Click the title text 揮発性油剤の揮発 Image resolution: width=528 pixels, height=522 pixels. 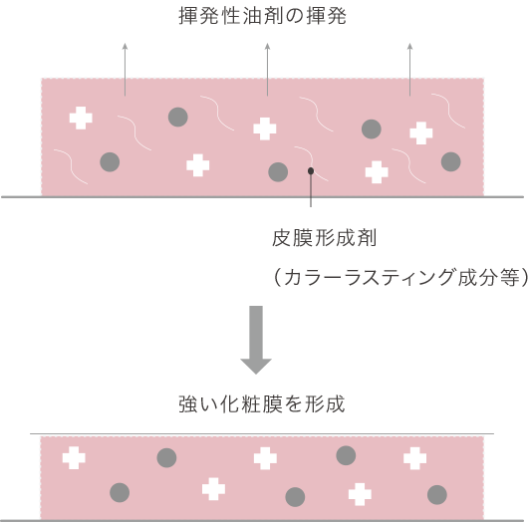point(262,16)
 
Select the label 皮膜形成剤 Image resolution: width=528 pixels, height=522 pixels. point(324,238)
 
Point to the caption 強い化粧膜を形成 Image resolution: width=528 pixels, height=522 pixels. point(262,403)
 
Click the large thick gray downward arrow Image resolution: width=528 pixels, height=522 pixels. point(256,340)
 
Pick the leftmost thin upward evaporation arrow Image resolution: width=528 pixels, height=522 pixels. point(125,70)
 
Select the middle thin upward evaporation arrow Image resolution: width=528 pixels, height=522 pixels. point(267,70)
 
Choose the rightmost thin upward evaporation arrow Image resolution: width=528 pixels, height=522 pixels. point(409,70)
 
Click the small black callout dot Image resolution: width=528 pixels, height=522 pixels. point(311,171)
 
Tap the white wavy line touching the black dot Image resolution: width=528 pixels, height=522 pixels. point(310,163)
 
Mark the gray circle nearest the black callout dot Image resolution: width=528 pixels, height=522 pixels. point(278,172)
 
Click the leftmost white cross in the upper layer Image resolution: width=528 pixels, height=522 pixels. point(81,118)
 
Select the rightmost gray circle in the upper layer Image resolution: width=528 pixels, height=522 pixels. point(451,161)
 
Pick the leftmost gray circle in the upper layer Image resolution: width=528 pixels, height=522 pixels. point(110,162)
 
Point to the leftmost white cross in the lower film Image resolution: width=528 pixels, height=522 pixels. point(74,458)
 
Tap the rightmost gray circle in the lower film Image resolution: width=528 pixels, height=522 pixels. point(437,495)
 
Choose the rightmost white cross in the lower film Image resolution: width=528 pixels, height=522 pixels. point(414,458)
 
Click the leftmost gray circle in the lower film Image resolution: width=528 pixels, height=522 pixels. point(120,493)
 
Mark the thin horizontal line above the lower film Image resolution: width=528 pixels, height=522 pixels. point(262,433)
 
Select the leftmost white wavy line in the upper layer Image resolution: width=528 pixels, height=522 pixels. point(71,166)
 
